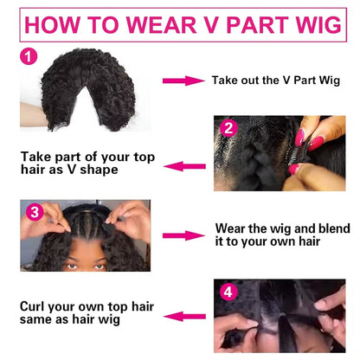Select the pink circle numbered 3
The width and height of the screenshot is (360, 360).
pos(33,212)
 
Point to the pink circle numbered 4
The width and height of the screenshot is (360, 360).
pos(228,291)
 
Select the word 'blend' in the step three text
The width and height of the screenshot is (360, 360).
pos(319,230)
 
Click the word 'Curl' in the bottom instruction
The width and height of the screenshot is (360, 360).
pos(36,306)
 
